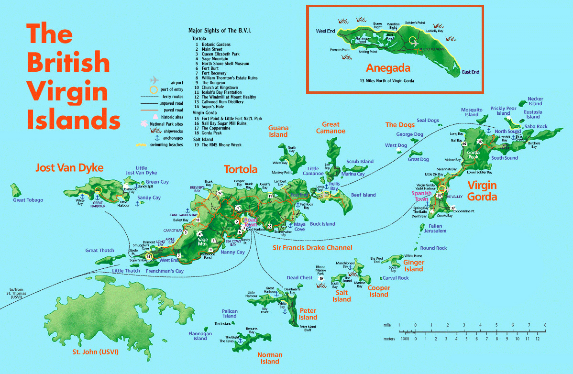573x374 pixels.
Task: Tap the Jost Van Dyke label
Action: tap(69, 168)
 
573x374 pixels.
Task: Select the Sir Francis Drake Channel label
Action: tap(312, 248)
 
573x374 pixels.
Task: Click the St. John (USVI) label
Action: tap(95, 352)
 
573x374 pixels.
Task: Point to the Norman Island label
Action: tap(270, 358)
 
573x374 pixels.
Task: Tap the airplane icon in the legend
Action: tap(154, 79)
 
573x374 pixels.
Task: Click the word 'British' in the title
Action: tap(68, 63)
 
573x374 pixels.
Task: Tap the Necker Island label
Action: tap(535, 101)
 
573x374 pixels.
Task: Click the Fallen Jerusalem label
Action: tap(435, 229)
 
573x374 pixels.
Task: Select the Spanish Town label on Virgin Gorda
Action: tap(421, 196)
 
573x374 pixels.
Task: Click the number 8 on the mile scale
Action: tap(545, 325)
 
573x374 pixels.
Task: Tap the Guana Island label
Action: tap(278, 131)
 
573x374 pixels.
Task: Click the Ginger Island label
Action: tap(414, 265)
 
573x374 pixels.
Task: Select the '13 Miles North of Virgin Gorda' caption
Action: tap(387, 81)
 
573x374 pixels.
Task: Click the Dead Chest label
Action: tap(299, 278)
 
